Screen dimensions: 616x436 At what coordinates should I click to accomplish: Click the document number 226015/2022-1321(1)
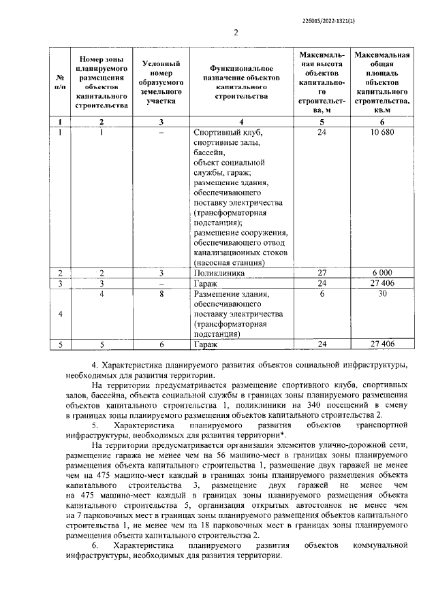pyautogui.click(x=328, y=20)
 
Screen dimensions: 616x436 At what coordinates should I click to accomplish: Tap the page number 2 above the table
pyautogui.click(x=236, y=33)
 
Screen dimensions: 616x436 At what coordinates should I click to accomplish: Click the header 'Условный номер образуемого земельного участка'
pyautogui.click(x=161, y=82)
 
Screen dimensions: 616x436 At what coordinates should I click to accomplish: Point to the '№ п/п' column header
pyautogui.click(x=60, y=82)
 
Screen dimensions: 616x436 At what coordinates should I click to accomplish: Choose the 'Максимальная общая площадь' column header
pyautogui.click(x=386, y=82)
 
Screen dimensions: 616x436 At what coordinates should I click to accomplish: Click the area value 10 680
pyautogui.click(x=386, y=132)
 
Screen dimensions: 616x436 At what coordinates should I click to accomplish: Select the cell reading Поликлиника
pyautogui.click(x=215, y=272)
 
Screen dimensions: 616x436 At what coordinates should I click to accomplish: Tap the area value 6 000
pyautogui.click(x=386, y=272)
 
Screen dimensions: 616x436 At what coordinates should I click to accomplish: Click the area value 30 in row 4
pyautogui.click(x=386, y=294)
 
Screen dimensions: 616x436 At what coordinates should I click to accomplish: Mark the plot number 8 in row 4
pyautogui.click(x=161, y=294)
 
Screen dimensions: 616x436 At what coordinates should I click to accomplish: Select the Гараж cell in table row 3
pyautogui.click(x=205, y=282)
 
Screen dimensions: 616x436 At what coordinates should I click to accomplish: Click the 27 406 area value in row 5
pyautogui.click(x=386, y=344)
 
